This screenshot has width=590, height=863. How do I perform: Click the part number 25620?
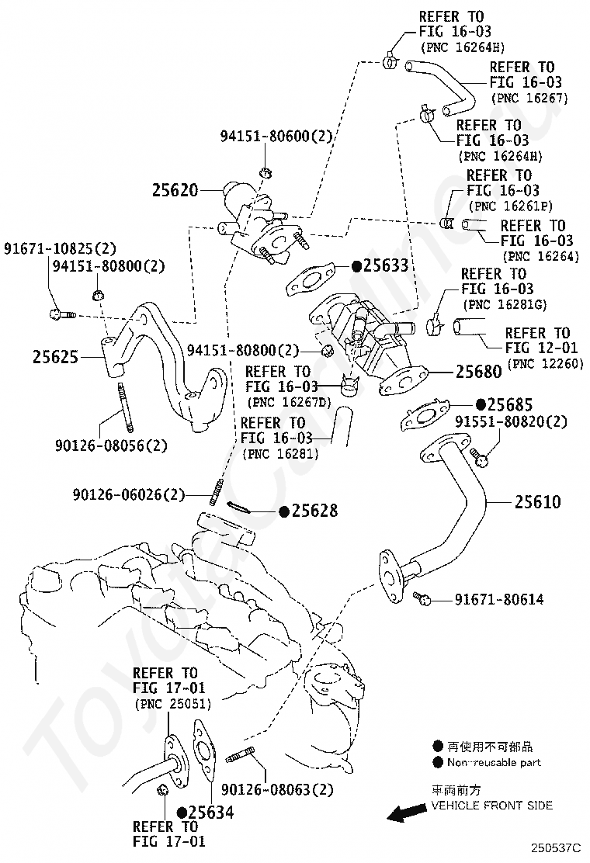175,190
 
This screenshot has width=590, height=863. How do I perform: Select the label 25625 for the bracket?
56,357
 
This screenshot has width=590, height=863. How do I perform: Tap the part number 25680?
479,372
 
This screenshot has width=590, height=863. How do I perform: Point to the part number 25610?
538,501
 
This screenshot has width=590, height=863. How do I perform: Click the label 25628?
315,511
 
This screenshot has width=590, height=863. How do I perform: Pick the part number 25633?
386,266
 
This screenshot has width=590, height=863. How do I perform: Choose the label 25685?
510,405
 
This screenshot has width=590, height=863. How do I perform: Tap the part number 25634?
211,813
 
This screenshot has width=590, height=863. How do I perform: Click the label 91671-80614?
499,599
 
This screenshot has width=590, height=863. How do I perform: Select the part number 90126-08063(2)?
277,790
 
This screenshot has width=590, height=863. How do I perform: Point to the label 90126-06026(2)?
129,494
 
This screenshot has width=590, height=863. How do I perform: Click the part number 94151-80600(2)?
276,136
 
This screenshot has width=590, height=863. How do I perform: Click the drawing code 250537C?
556,847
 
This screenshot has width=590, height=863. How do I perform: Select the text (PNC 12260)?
546,364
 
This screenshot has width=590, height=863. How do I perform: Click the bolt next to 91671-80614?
422,598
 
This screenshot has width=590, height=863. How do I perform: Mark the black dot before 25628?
285,512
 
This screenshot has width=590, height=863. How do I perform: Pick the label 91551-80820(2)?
511,421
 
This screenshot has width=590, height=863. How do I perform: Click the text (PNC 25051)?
173,703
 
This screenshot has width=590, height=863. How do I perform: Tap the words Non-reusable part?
494,762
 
